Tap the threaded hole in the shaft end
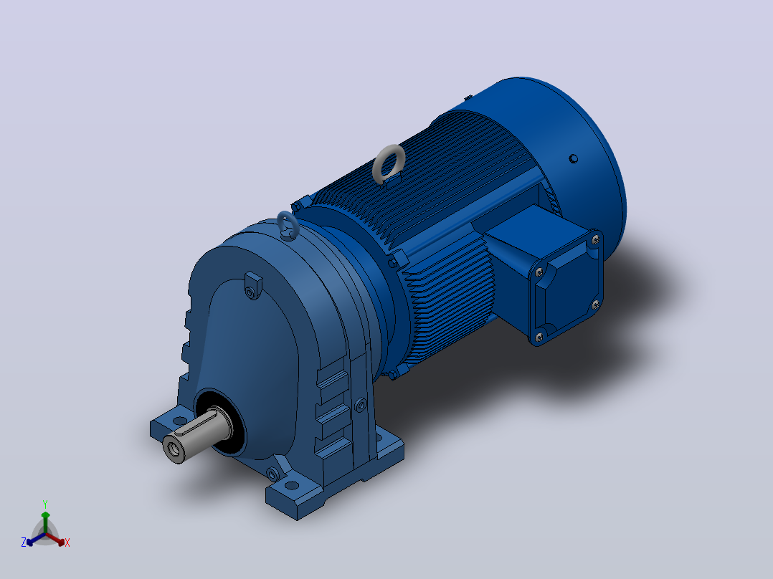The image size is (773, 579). [x=173, y=449]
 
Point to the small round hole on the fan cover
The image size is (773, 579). [x=574, y=158]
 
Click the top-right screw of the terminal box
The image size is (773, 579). [x=595, y=240]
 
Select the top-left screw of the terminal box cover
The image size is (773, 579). [x=539, y=272]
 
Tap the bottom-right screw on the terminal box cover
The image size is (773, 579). [x=595, y=305]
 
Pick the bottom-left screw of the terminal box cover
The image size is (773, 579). [x=539, y=337]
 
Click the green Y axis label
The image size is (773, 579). [x=45, y=504]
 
